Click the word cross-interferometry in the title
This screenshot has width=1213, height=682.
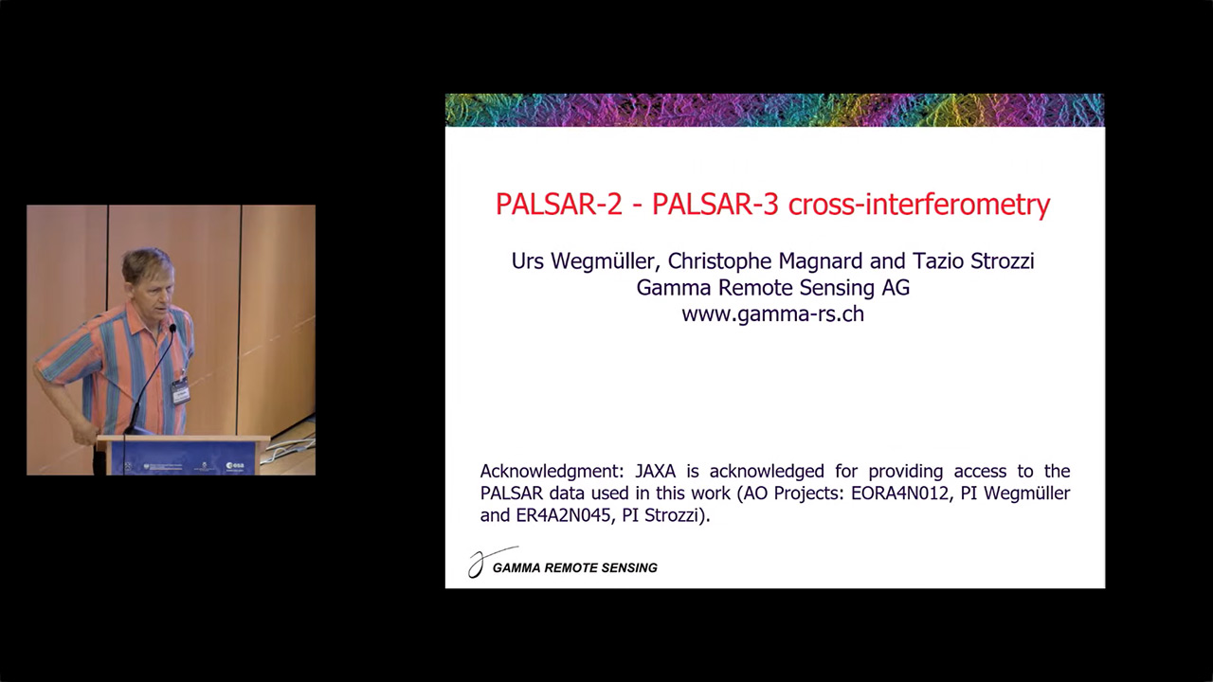pos(919,206)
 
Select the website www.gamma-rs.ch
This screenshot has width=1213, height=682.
pos(772,314)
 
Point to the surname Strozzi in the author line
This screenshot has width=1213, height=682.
pos(1003,260)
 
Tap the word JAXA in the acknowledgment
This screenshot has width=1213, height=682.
pos(655,471)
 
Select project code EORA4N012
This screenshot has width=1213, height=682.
pos(901,494)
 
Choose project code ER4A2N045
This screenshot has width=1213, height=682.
pos(566,515)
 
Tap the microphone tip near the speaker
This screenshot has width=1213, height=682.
pos(172,328)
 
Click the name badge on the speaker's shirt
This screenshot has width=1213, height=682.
pos(180,391)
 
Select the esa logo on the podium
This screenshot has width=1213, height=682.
pos(235,465)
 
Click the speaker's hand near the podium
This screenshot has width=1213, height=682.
pos(84,434)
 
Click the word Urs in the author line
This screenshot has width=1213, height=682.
pos(527,261)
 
